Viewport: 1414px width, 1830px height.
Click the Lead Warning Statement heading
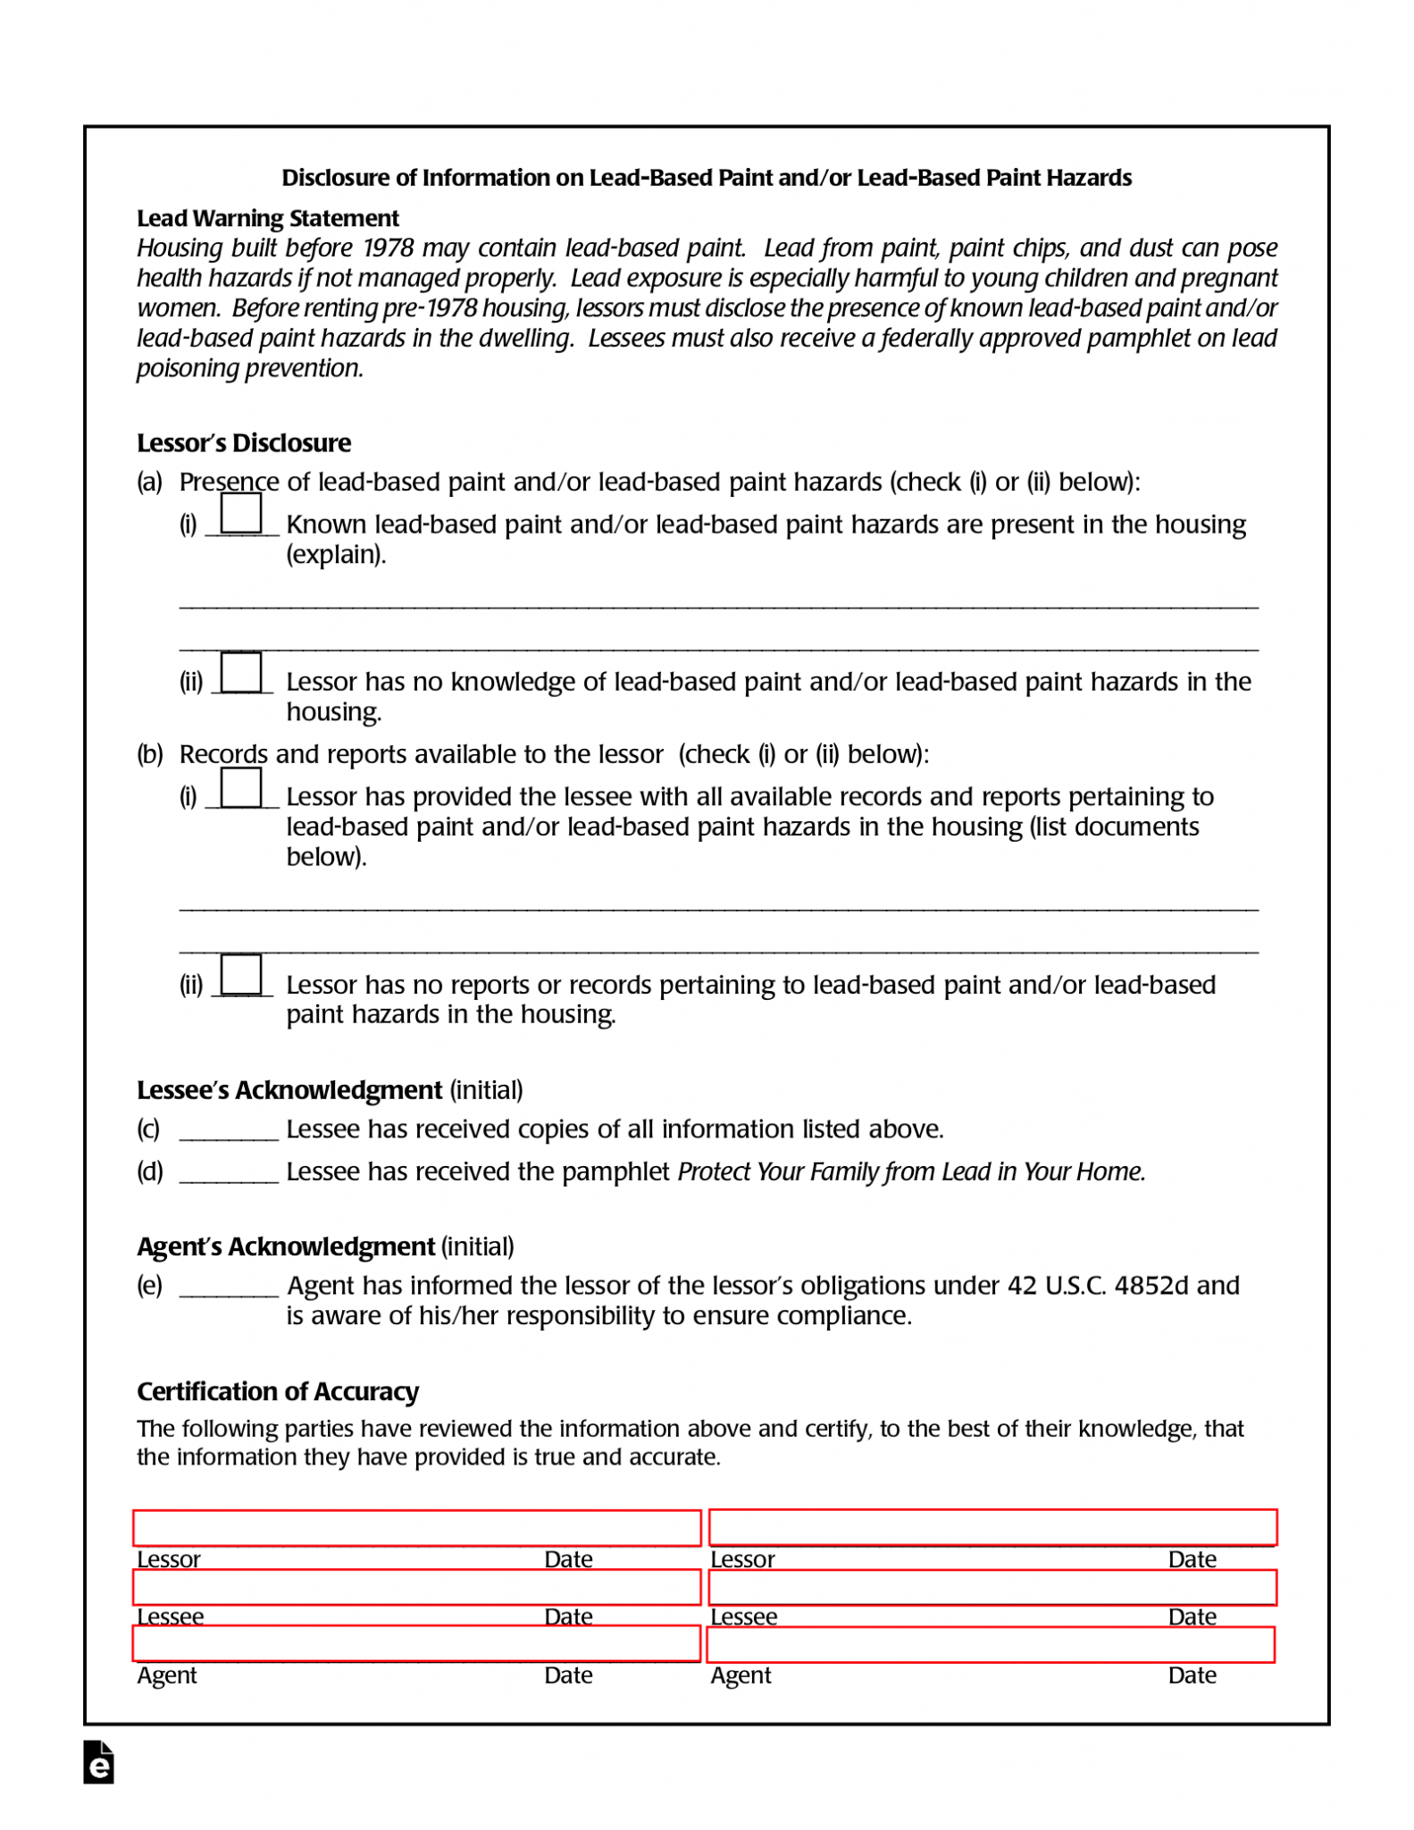click(267, 218)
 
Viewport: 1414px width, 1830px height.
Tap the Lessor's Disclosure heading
click(243, 442)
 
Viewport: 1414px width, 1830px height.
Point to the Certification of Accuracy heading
click(277, 1390)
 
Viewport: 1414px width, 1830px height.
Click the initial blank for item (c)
click(229, 1129)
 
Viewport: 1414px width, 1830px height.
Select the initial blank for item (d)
click(229, 1171)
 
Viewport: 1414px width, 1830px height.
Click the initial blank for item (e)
click(229, 1286)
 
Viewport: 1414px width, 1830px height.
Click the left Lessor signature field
click(416, 1527)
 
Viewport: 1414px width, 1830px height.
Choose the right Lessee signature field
click(991, 1587)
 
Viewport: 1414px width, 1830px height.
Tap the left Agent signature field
click(416, 1643)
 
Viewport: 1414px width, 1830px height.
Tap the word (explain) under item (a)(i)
click(335, 554)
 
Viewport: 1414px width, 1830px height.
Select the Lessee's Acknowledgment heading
click(289, 1089)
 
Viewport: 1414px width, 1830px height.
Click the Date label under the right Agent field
click(1191, 1675)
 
